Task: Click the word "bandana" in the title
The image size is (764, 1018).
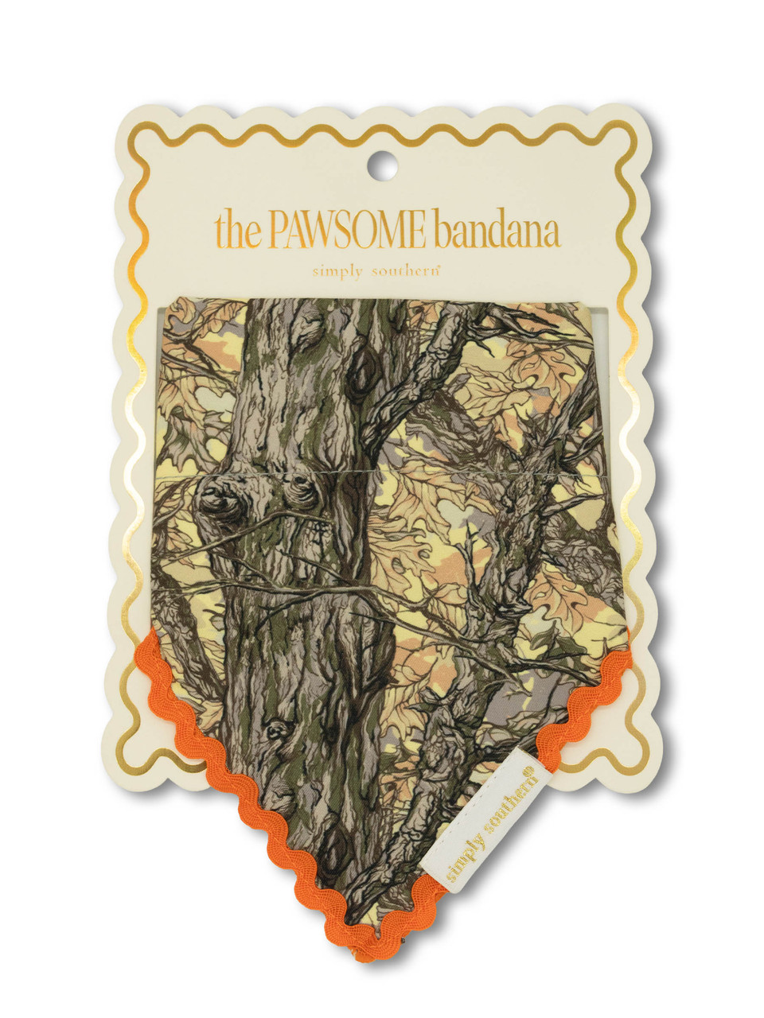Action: tap(497, 231)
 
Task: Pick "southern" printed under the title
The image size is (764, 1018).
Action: tap(406, 271)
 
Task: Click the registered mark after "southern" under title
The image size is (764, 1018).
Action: tap(439, 267)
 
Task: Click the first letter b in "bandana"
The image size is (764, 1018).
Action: tap(444, 231)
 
